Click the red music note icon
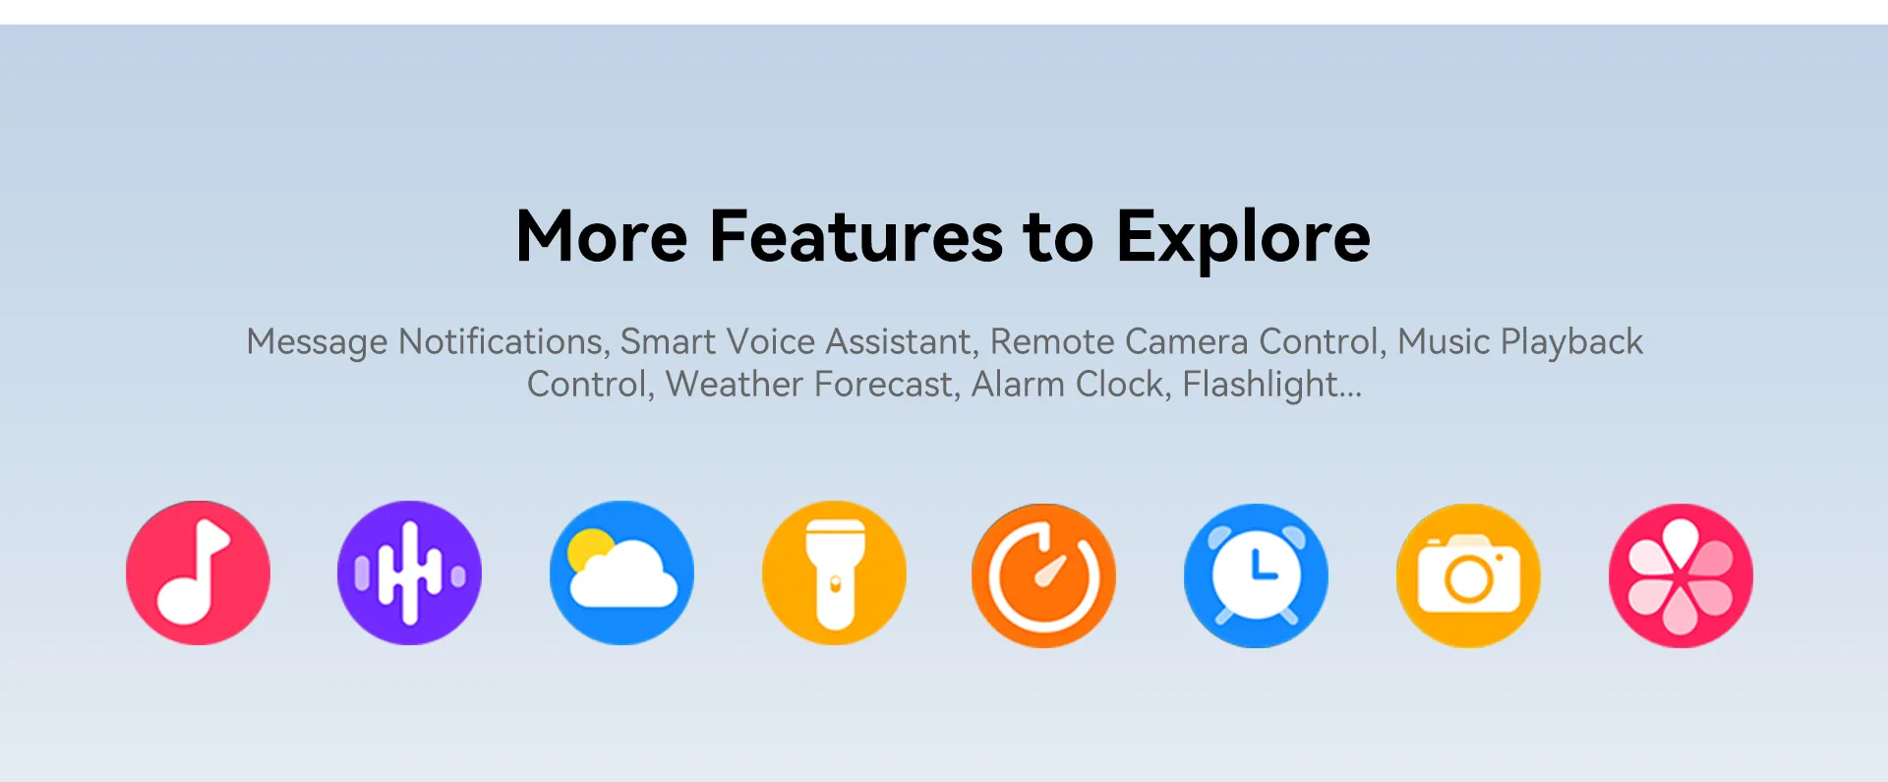click(x=198, y=573)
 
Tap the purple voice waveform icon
click(x=409, y=573)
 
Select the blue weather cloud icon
click(x=621, y=573)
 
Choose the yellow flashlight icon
click(x=834, y=573)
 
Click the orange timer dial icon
click(x=1044, y=575)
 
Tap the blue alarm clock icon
click(x=1256, y=575)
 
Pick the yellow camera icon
click(x=1468, y=575)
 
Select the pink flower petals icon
click(x=1681, y=575)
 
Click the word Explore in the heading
click(x=1243, y=239)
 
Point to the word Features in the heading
click(x=855, y=237)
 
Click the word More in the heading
click(x=602, y=237)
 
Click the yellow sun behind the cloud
click(x=588, y=548)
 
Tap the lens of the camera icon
click(x=1468, y=580)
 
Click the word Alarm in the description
click(x=1018, y=384)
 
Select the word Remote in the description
click(x=1052, y=341)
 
